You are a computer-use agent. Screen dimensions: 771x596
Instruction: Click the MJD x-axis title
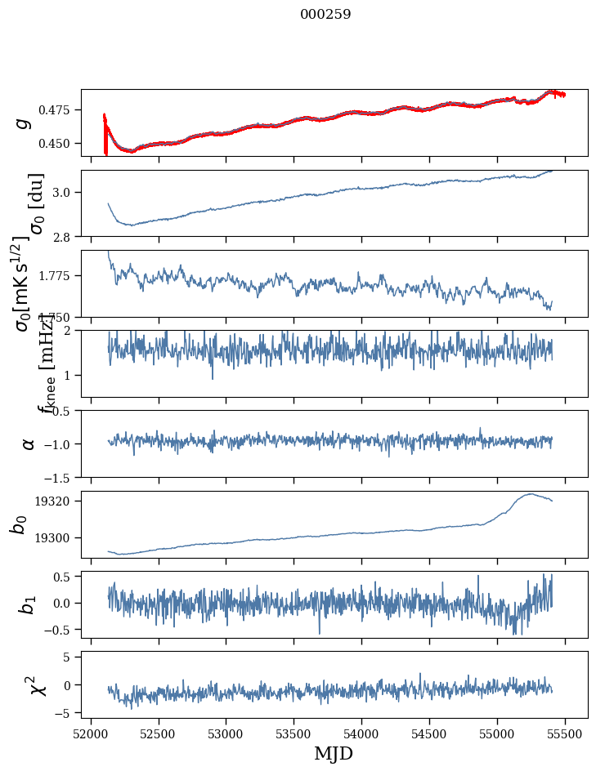point(334,753)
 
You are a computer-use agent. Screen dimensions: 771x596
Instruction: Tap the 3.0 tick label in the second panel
point(65,192)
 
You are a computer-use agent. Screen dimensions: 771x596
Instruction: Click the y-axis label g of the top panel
point(24,123)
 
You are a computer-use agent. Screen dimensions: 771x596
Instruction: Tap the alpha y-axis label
point(29,443)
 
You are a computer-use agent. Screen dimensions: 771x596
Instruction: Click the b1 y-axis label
point(29,604)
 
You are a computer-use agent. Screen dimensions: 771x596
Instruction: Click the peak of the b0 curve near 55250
point(531,493)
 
